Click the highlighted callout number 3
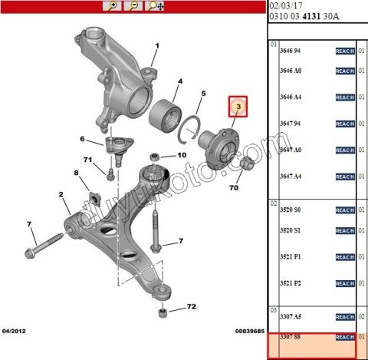tap(238, 106)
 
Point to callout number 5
tap(203, 94)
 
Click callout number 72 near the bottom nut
tap(191, 307)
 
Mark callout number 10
tap(182, 155)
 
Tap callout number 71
tap(88, 159)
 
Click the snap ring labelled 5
tap(189, 127)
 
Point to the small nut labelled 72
tap(163, 312)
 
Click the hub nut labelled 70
tap(247, 164)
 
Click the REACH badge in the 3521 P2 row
tap(345, 284)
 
